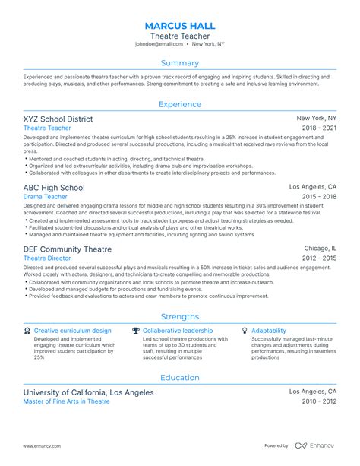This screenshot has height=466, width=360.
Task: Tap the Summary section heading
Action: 180,63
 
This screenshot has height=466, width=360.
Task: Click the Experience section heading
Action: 180,104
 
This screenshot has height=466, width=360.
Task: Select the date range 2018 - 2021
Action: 318,130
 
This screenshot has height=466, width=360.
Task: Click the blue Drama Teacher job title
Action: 46,197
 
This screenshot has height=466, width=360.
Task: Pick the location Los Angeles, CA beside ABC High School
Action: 313,187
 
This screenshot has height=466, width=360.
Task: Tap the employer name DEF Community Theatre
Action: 68,249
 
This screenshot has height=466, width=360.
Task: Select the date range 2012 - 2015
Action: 318,258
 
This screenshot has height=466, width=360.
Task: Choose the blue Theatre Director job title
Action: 49,258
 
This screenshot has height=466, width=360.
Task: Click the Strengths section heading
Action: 180,316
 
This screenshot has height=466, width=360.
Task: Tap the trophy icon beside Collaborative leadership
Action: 136,331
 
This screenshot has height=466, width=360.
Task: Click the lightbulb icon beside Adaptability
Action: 245,331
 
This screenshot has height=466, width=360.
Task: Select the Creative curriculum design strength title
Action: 73,331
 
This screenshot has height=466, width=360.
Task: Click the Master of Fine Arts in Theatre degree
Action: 67,401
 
